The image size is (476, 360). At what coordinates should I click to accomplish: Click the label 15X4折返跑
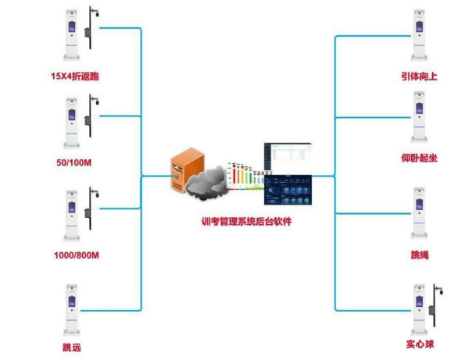[76, 77]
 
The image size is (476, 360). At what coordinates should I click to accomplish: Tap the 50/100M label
[75, 165]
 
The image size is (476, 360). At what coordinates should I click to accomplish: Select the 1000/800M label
[75, 255]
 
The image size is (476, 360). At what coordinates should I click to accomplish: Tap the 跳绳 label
[420, 255]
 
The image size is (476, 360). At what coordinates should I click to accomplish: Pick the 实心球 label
[420, 344]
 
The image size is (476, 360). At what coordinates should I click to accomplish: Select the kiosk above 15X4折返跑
[73, 36]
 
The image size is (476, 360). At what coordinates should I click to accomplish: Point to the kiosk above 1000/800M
[73, 214]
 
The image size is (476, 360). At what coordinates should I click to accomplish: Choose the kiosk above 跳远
[73, 309]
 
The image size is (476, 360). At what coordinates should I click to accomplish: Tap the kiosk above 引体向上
[420, 36]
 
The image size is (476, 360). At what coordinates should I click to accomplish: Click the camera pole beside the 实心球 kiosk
[435, 308]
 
